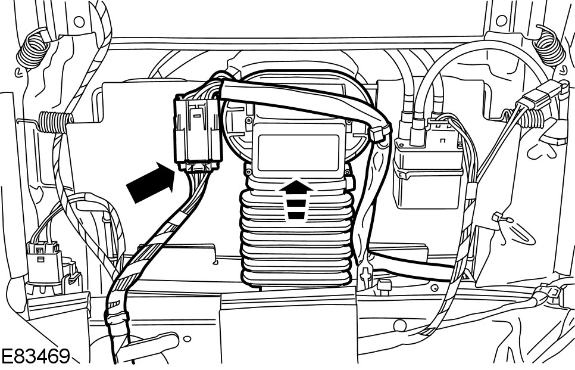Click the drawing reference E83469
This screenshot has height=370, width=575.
pyautogui.click(x=35, y=357)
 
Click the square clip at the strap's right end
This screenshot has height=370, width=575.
pyautogui.click(x=379, y=132)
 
